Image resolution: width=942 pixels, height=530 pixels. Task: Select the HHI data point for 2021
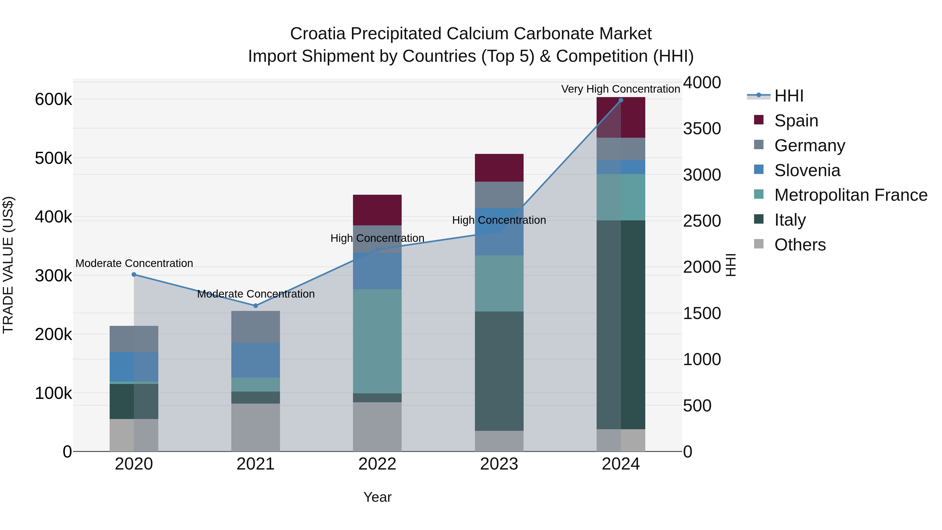point(256,306)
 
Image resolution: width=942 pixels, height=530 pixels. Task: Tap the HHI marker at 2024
point(621,100)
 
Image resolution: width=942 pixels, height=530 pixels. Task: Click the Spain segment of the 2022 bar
point(377,210)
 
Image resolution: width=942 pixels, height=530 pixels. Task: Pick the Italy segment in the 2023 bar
point(499,371)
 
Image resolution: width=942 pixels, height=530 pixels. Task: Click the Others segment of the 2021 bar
point(256,427)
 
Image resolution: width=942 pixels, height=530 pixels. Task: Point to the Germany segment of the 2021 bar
point(256,327)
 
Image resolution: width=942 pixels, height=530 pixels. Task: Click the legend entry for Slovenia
point(807,170)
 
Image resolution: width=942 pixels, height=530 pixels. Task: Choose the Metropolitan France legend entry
point(851,195)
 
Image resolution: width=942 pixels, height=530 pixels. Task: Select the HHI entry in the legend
point(789,96)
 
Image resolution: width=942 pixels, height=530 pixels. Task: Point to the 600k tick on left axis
point(53,99)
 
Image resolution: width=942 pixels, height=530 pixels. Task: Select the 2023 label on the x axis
point(499,464)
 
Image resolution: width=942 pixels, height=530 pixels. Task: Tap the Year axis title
point(377,497)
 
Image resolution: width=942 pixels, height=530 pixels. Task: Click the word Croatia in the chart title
point(317,34)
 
